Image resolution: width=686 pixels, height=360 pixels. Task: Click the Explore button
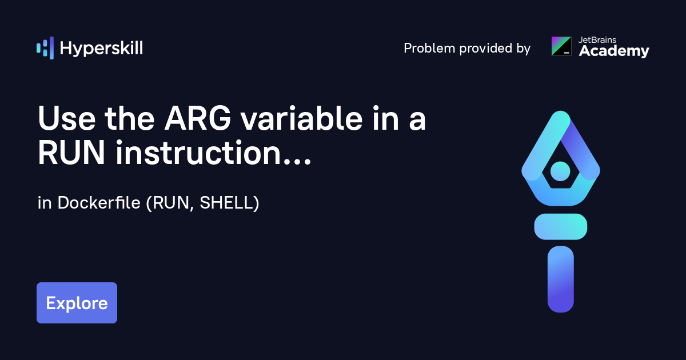click(77, 303)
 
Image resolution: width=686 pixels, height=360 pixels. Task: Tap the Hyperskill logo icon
click(45, 48)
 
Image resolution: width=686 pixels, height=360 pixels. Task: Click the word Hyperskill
click(101, 49)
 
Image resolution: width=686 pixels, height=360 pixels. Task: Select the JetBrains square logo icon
click(561, 46)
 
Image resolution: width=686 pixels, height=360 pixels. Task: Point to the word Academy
click(614, 51)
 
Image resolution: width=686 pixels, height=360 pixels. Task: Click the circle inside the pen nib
click(560, 170)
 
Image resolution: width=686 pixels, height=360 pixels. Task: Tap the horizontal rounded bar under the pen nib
click(560, 226)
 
